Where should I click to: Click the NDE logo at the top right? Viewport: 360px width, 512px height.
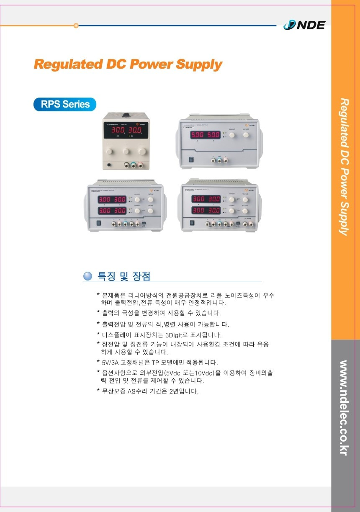[x=304, y=25]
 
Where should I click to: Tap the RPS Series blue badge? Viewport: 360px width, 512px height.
[x=65, y=104]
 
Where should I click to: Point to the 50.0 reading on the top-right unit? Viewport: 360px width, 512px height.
[x=213, y=135]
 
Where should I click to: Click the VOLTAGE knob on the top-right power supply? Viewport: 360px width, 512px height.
[x=246, y=135]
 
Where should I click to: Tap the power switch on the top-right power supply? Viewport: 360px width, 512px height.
[x=191, y=159]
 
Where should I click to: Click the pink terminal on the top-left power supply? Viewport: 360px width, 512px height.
[x=141, y=166]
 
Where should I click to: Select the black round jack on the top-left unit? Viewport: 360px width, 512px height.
[x=110, y=165]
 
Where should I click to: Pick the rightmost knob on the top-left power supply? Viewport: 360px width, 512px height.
[x=142, y=150]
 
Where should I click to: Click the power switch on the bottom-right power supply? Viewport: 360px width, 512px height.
[x=193, y=224]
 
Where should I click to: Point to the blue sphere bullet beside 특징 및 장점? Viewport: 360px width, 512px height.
[x=88, y=276]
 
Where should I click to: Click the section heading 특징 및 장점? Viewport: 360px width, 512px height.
[x=123, y=276]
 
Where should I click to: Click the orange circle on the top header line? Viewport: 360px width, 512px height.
[x=76, y=26]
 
